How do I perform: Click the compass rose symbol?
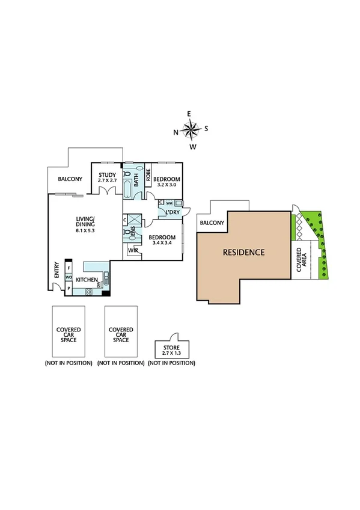[191, 129]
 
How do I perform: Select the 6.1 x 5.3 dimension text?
[85, 230]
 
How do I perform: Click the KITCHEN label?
[87, 280]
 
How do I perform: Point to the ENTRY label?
[56, 268]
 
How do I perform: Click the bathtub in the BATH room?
[127, 185]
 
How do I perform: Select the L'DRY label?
[173, 213]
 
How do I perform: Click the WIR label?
[132, 250]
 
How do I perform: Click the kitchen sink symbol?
[106, 278]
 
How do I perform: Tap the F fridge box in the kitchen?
[69, 267]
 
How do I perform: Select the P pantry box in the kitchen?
[69, 288]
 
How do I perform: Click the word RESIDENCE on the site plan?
[243, 253]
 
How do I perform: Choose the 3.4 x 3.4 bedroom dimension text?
[162, 242]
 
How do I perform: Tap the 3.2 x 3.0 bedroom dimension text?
[165, 185]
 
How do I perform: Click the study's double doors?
[107, 191]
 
